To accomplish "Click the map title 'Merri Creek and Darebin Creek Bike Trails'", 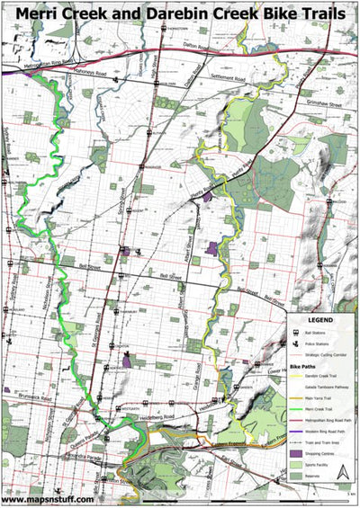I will click(x=180, y=13).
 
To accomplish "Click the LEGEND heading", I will click(x=321, y=321).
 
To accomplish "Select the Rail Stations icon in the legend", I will click(x=297, y=333).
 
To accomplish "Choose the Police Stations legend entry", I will click(x=320, y=343).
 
